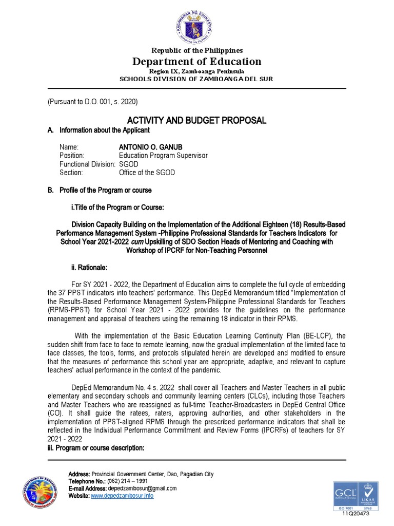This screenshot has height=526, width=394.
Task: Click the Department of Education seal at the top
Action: [197, 23]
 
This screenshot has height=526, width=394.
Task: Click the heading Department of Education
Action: [197, 62]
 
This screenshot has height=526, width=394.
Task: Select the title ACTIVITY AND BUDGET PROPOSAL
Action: [198, 120]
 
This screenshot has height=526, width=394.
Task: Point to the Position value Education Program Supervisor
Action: [163, 156]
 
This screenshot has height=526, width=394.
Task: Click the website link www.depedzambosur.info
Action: [122, 496]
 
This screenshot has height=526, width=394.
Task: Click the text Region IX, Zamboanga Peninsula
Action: [197, 71]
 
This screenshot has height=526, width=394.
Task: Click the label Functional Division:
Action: [87, 164]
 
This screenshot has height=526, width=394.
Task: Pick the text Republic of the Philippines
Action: [197, 50]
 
